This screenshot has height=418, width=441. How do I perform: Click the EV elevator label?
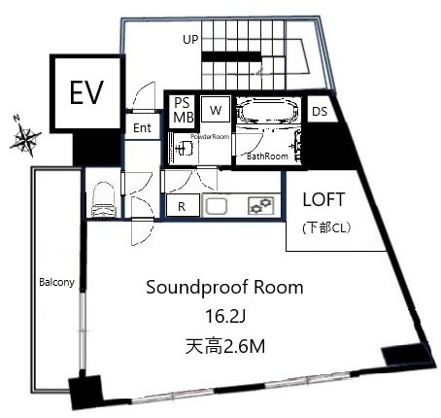86,92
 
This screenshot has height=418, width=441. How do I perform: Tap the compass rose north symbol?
25,137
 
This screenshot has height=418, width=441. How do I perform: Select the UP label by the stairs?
190,40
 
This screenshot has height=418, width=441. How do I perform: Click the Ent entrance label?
142,128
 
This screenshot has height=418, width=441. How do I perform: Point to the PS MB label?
184,110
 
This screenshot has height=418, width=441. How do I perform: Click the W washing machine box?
216,109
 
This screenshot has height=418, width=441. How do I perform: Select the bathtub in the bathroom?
268,111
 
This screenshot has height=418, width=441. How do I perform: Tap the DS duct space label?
320,112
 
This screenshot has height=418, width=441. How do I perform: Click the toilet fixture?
103,199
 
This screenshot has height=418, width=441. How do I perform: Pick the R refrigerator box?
183,205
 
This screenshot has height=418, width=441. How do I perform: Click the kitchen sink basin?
216,206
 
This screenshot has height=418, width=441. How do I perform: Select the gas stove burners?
261,206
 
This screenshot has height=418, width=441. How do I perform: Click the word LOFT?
323,200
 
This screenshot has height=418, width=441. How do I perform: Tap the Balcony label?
56,282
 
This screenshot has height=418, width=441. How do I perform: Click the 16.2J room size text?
225,317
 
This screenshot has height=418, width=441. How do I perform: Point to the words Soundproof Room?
224,288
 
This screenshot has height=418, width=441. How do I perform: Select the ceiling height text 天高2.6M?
225,346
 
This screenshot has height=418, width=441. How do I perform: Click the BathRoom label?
267,157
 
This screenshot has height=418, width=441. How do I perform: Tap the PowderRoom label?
210,137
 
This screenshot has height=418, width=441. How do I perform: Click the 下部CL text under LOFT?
326,228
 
